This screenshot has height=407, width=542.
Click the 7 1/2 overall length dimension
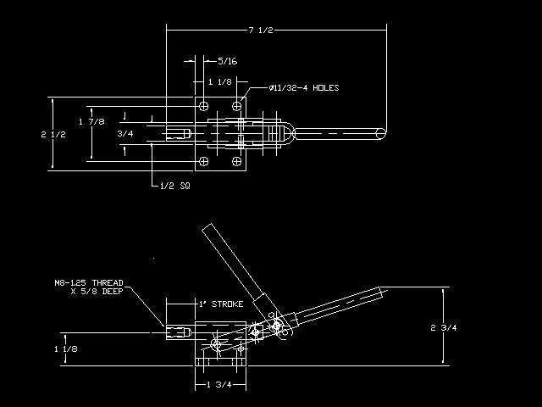tap(261, 31)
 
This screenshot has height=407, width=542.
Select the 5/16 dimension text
tap(228, 61)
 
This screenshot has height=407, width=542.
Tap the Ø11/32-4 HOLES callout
tap(304, 88)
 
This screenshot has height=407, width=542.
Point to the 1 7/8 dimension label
tap(91, 122)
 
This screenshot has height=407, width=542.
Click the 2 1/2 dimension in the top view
tap(53, 135)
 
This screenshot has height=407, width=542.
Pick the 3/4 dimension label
tap(125, 134)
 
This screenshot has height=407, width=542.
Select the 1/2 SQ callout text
tap(175, 186)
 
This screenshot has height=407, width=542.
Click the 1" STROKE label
tap(221, 304)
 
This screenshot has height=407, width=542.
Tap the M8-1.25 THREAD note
tap(89, 287)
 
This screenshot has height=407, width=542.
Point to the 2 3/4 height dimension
tap(444, 328)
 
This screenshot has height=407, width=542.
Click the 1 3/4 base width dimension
tap(219, 384)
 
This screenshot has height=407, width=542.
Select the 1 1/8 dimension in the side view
tap(66, 348)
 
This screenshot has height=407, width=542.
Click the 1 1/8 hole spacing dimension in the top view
tap(220, 82)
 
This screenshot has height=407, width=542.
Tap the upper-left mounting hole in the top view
tap(204, 106)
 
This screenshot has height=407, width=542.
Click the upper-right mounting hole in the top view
tap(237, 106)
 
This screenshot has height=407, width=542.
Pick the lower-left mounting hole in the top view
tap(204, 161)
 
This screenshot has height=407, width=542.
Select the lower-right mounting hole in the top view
tap(237, 161)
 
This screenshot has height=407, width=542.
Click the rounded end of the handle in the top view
tap(381, 134)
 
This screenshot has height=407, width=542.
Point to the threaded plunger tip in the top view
tap(179, 134)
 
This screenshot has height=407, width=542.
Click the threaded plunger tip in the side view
tap(179, 332)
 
